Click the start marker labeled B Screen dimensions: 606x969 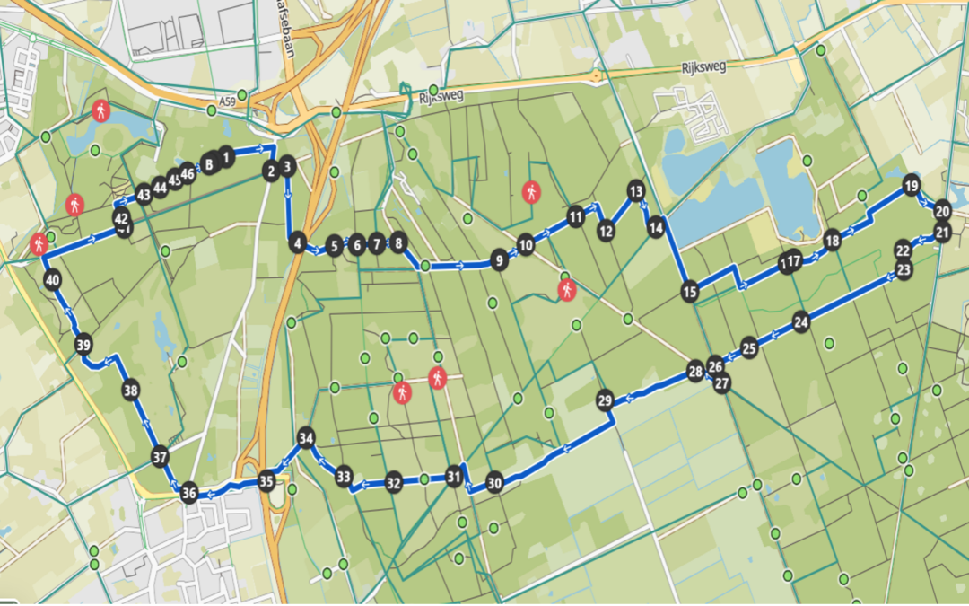pos(209,164)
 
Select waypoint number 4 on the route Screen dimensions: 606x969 pos(297,242)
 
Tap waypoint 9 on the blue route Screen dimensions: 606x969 pos(498,262)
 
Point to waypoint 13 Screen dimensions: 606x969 pos(635,191)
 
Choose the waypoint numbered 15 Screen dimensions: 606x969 pos(689,291)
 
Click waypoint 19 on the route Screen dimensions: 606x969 pos(911,187)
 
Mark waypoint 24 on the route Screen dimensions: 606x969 pos(801,322)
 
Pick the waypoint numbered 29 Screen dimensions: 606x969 pos(605,400)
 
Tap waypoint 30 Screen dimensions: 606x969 pos(494,483)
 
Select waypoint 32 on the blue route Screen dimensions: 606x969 pos(393,483)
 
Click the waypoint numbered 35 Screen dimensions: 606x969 pos(266,480)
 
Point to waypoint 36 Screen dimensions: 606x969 pos(189,492)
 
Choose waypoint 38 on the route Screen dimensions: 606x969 pos(131,391)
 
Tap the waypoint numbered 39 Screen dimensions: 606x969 pos(84,345)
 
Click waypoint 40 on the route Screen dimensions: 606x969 pos(53,280)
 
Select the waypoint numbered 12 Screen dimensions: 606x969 pos(606,231)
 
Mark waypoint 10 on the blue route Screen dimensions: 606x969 pos(526,244)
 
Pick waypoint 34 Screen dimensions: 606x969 pos(307,438)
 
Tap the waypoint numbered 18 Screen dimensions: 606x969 pos(832,241)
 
